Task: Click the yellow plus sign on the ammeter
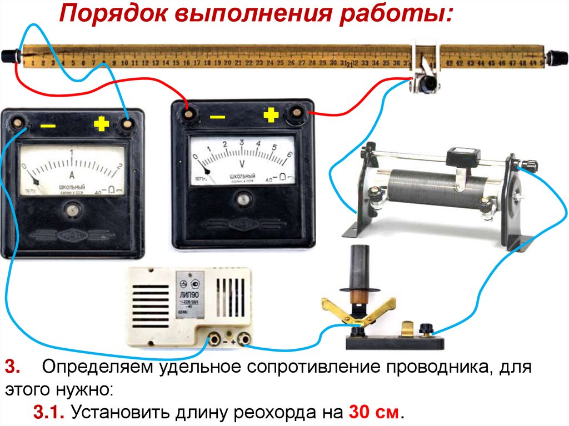click(101, 124)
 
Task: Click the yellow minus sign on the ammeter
click(48, 126)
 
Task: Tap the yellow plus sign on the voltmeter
click(270, 115)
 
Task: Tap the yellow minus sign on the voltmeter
click(217, 117)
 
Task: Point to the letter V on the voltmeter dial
click(242, 163)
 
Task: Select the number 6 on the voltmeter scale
click(289, 155)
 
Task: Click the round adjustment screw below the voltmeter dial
click(242, 198)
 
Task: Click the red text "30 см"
click(373, 413)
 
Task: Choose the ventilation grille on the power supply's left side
click(150, 305)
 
